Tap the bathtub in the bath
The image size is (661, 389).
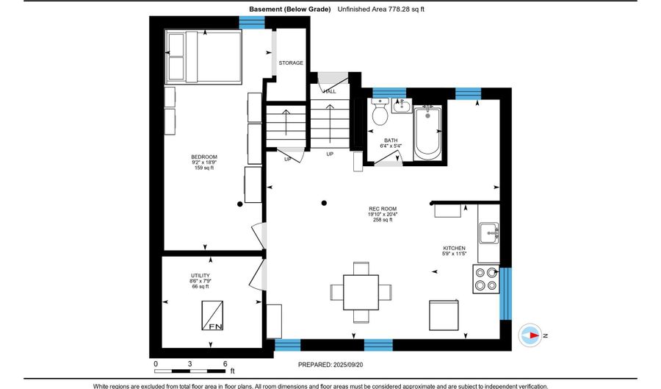pyautogui.click(x=427, y=132)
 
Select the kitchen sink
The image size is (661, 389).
pyautogui.click(x=488, y=235)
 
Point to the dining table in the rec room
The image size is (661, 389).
pyautogui.click(x=361, y=292)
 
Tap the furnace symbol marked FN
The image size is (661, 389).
pyautogui.click(x=215, y=315)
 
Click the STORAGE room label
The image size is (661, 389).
pyautogui.click(x=291, y=63)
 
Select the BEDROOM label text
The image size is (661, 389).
pyautogui.click(x=204, y=157)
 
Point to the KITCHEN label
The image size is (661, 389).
pyautogui.click(x=455, y=249)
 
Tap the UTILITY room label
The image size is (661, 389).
pyautogui.click(x=201, y=276)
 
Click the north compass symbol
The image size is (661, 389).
pyautogui.click(x=531, y=335)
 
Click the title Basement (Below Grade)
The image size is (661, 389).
pyautogui.click(x=289, y=10)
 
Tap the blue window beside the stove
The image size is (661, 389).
pyautogui.click(x=505, y=293)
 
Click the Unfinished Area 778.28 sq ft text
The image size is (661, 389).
pyautogui.click(x=383, y=10)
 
